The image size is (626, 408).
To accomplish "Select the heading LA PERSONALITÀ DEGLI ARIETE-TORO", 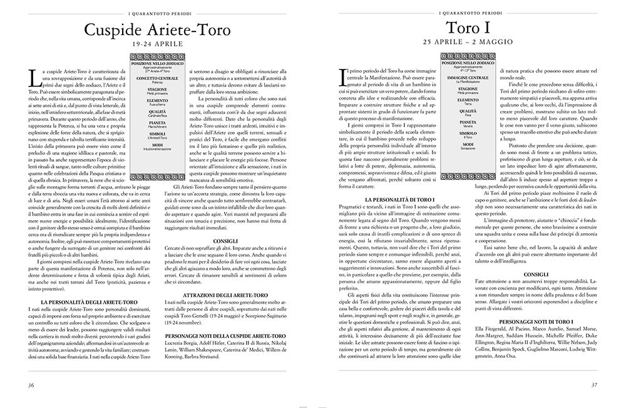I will (85, 301).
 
